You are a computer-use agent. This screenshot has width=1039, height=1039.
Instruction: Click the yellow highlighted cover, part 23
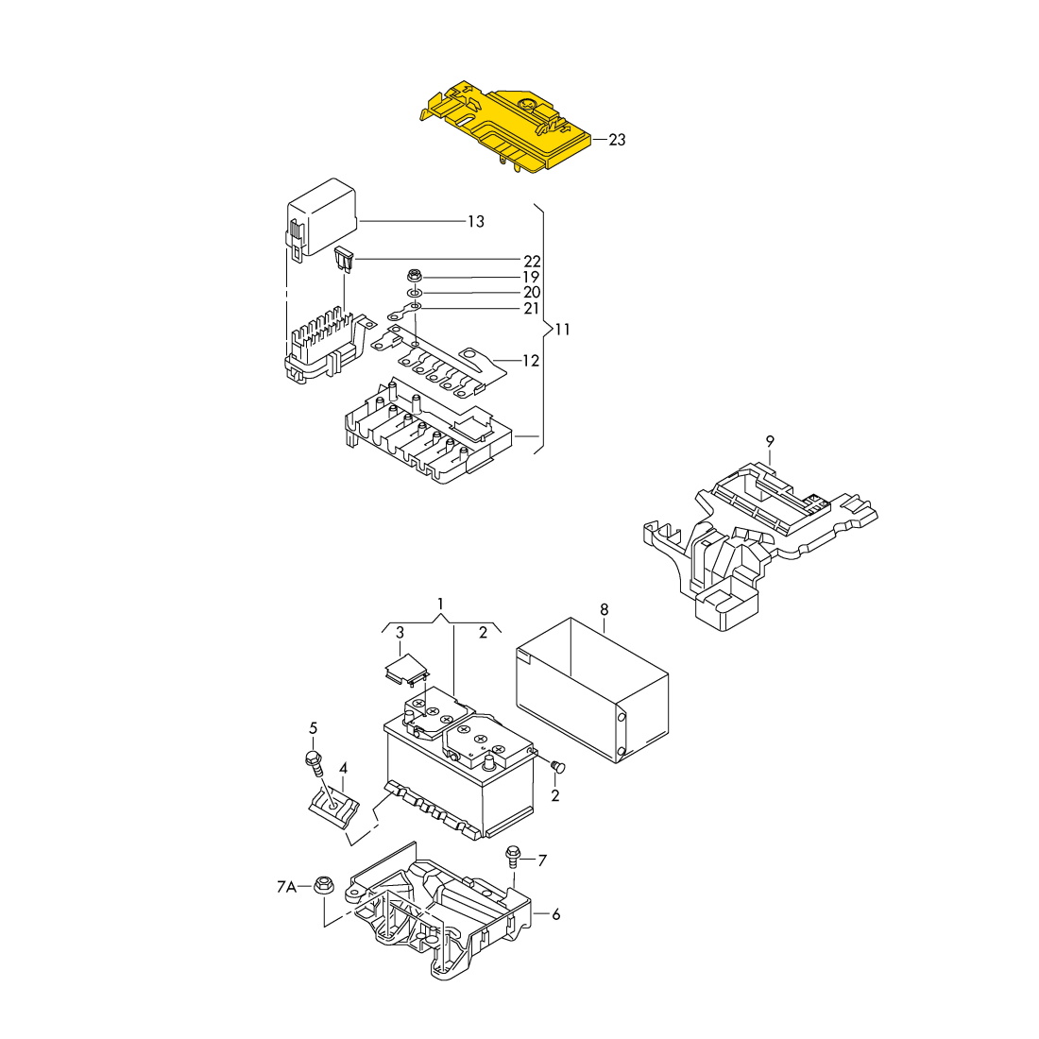click(501, 128)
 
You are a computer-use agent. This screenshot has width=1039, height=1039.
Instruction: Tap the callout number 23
click(617, 140)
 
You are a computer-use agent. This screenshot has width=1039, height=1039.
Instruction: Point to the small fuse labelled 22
click(345, 259)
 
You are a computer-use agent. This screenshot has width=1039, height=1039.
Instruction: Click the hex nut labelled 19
click(414, 277)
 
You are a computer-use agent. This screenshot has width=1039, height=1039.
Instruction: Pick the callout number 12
click(531, 361)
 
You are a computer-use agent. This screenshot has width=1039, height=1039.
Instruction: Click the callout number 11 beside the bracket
click(562, 330)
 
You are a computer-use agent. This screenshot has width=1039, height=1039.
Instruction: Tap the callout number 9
click(770, 441)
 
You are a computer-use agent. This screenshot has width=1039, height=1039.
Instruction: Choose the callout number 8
click(605, 609)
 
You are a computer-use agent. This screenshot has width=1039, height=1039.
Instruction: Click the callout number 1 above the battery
click(440, 603)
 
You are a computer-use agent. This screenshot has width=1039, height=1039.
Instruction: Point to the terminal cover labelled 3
click(406, 669)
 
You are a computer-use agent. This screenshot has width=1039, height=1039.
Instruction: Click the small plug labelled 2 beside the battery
click(555, 765)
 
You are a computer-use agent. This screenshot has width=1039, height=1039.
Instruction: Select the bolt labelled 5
click(313, 759)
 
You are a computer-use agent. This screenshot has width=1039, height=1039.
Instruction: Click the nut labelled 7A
click(322, 885)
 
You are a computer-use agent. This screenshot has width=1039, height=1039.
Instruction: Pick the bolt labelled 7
click(513, 855)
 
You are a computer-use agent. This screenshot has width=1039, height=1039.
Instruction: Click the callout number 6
click(556, 914)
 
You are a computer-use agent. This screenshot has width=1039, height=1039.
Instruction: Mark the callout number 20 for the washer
click(532, 293)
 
